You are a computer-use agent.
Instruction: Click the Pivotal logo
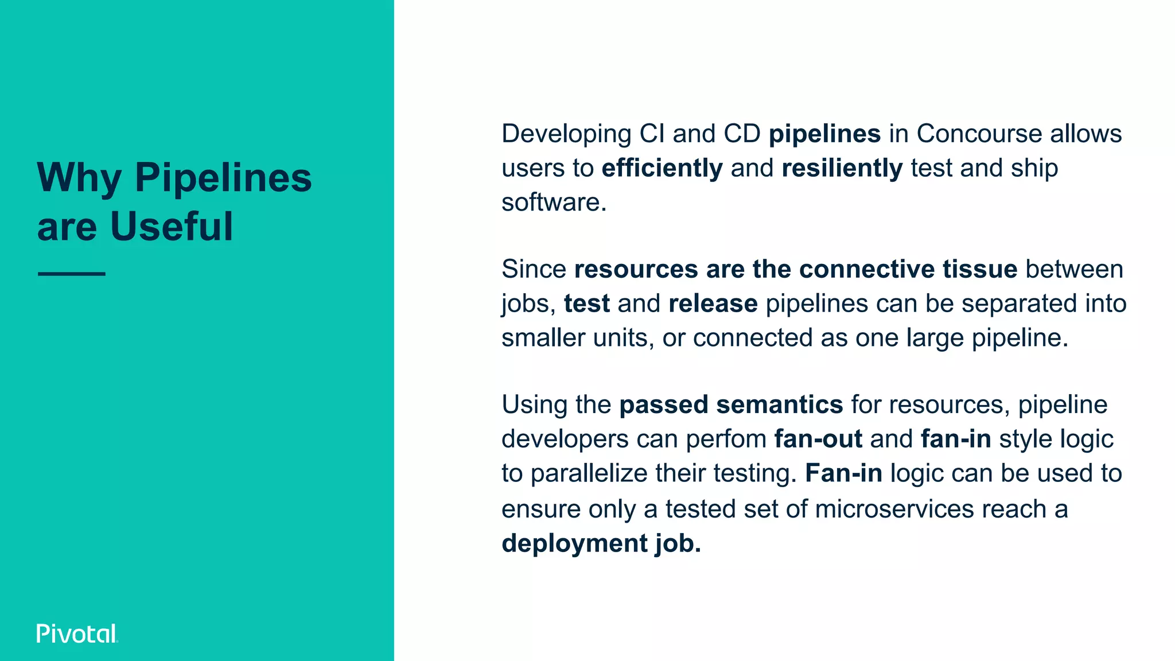(x=77, y=633)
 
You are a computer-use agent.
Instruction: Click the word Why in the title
(x=79, y=178)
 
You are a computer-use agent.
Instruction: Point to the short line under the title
(x=72, y=274)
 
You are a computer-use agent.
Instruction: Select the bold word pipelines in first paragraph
(x=824, y=134)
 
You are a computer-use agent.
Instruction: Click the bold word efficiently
(x=662, y=168)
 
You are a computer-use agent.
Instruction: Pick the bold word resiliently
(x=842, y=168)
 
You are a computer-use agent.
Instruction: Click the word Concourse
(x=979, y=134)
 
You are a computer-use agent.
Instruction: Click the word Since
(x=534, y=269)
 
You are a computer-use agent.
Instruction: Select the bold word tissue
(x=980, y=269)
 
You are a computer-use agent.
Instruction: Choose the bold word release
(x=713, y=304)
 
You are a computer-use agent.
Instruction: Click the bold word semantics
(x=780, y=405)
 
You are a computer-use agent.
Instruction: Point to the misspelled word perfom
(x=726, y=440)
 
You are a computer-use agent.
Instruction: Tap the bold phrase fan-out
(x=818, y=439)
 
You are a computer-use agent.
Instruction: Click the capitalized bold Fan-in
(x=843, y=473)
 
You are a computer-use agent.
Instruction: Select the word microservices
(x=894, y=509)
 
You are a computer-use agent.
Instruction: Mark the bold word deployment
(x=574, y=543)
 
